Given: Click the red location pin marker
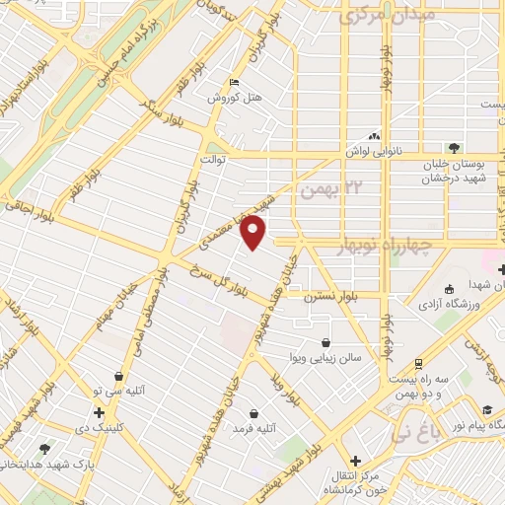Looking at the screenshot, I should pos(253,234).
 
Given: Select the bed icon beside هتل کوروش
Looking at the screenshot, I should pos(234,82).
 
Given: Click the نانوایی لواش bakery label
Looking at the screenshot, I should pos(371,153).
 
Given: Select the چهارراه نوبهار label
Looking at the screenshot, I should pos(378,247).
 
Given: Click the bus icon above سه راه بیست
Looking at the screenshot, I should pos(418,363).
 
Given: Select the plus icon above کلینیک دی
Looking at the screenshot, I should pos(99,412).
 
